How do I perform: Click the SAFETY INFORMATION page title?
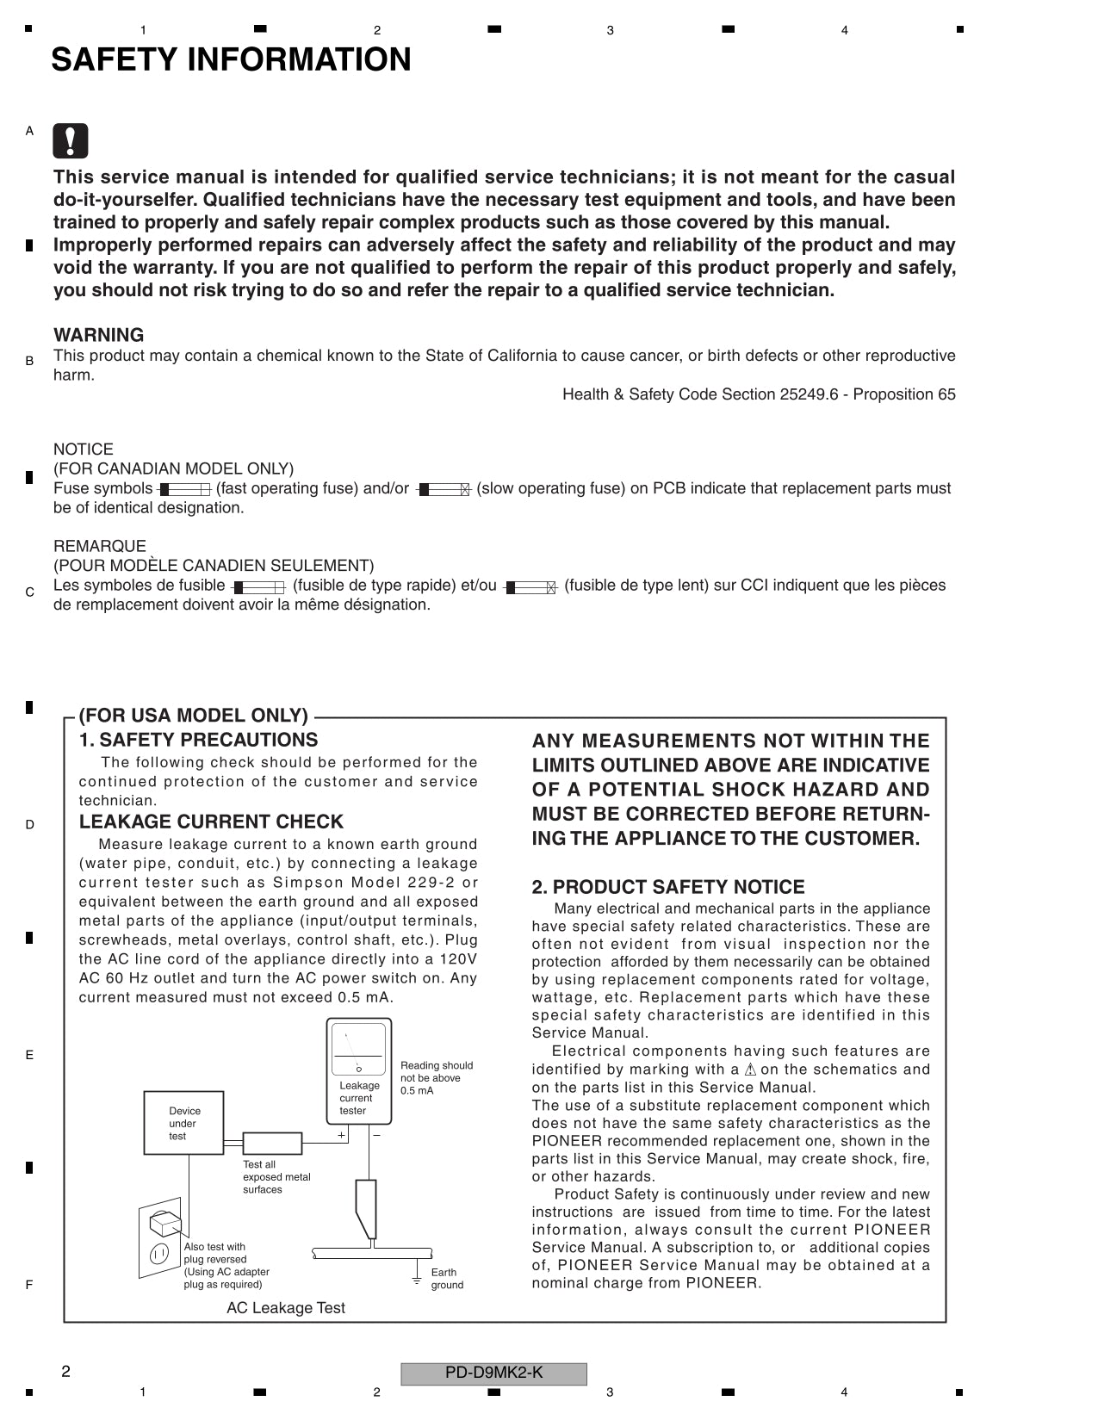pyautogui.click(x=231, y=60)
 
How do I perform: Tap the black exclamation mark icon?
pyautogui.click(x=70, y=141)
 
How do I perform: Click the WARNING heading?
pyautogui.click(x=98, y=335)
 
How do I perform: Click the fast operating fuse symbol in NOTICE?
pyautogui.click(x=184, y=489)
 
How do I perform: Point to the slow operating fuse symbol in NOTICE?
pyautogui.click(x=444, y=489)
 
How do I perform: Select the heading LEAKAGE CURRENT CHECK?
pyautogui.click(x=211, y=822)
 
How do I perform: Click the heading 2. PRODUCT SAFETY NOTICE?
pyautogui.click(x=667, y=887)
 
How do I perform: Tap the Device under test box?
pyautogui.click(x=183, y=1123)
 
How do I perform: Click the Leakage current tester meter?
pyautogui.click(x=359, y=1070)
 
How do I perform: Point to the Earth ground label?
pyautogui.click(x=446, y=1279)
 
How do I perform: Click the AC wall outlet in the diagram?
pyautogui.click(x=161, y=1237)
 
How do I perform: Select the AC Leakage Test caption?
pyautogui.click(x=285, y=1308)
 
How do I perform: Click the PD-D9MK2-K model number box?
pyautogui.click(x=493, y=1373)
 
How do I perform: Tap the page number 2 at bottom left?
pyautogui.click(x=65, y=1372)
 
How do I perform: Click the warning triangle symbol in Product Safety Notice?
pyautogui.click(x=749, y=1070)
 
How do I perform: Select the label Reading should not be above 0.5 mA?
pyautogui.click(x=436, y=1078)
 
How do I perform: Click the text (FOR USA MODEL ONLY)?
pyautogui.click(x=193, y=716)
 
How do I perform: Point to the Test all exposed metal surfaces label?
pyautogui.click(x=276, y=1177)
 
